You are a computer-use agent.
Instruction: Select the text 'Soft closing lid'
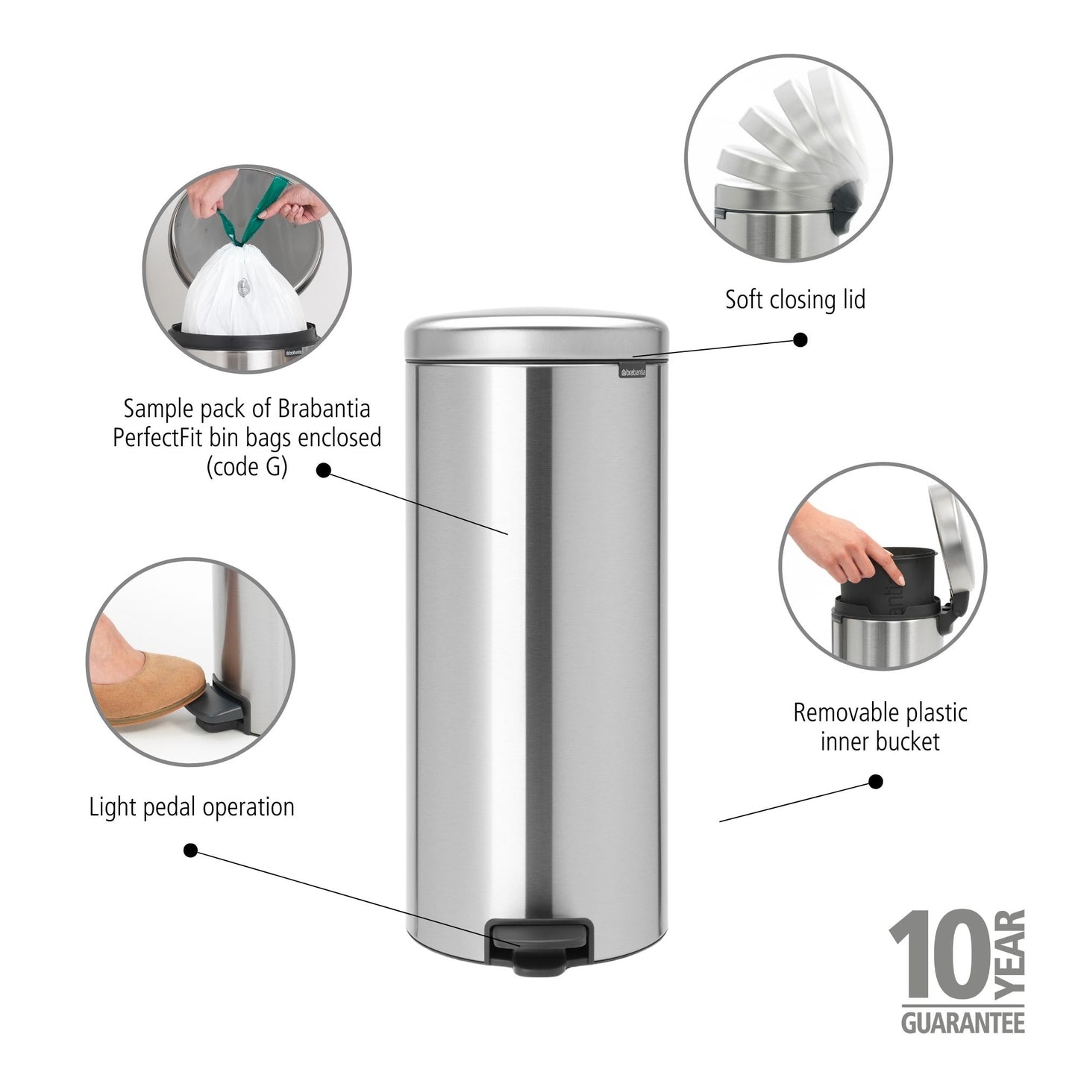(x=795, y=300)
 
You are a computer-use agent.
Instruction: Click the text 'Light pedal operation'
(x=192, y=807)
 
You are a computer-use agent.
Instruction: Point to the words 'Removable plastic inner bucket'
(x=880, y=727)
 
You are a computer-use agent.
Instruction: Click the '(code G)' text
(x=246, y=467)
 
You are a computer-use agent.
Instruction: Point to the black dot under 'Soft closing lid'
(x=800, y=340)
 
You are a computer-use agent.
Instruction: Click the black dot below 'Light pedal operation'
(x=190, y=850)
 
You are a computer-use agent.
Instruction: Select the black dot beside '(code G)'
(x=324, y=470)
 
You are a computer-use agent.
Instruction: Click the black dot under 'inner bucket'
(x=877, y=782)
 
